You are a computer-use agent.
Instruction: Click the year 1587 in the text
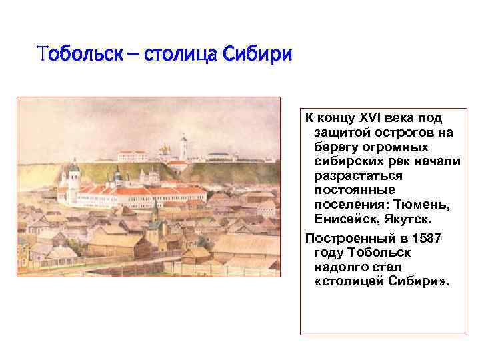click(x=423, y=238)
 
